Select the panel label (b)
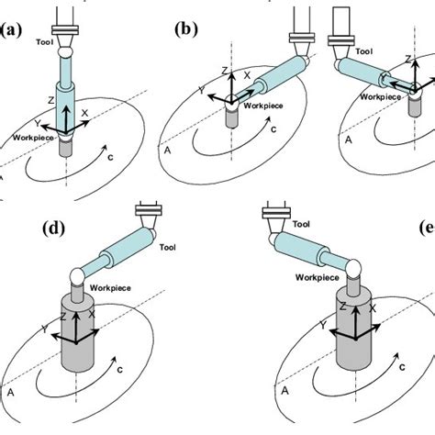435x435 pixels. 187,28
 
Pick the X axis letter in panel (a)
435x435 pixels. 84,113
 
